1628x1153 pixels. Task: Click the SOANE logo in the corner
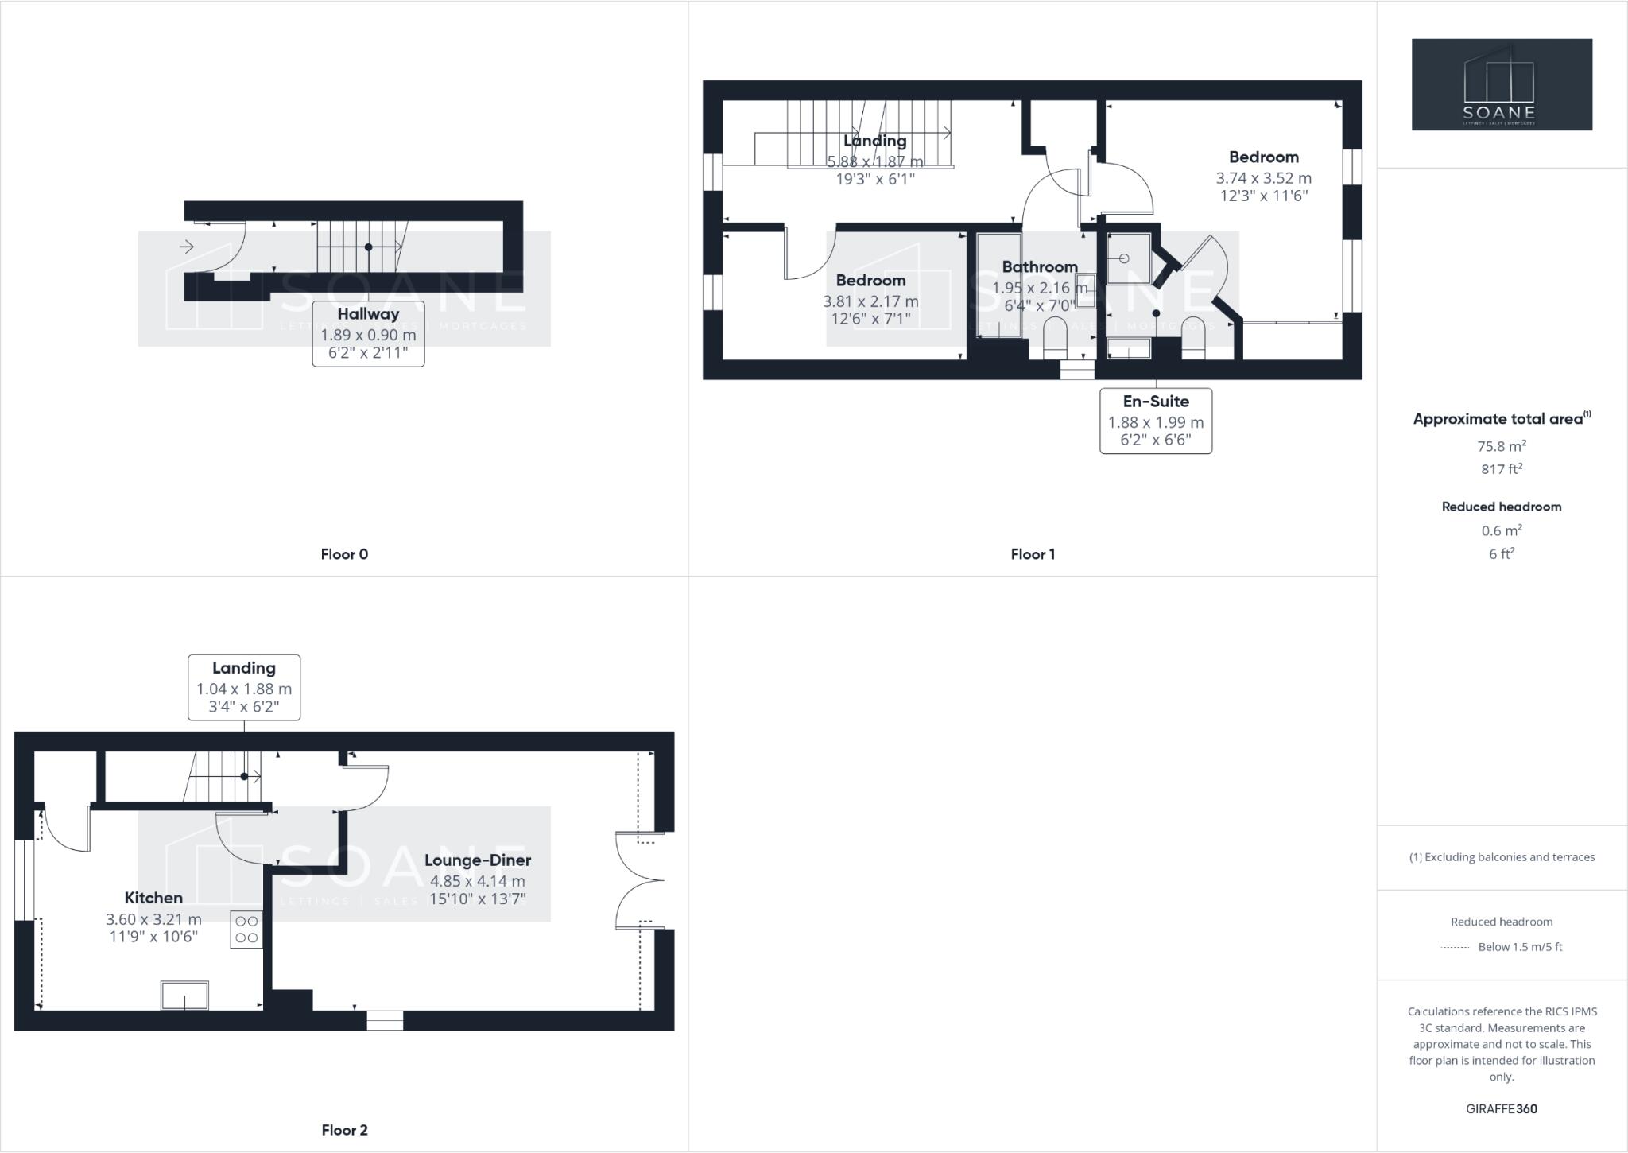click(1502, 84)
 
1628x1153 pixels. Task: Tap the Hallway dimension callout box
click(368, 333)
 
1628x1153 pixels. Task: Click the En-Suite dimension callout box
click(1155, 421)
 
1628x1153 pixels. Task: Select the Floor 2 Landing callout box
click(244, 687)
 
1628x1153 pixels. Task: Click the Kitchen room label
click(153, 898)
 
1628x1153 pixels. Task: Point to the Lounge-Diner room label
click(477, 860)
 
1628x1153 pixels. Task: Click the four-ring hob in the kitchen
click(246, 930)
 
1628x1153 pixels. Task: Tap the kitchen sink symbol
click(184, 996)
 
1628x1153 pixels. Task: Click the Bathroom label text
click(1039, 267)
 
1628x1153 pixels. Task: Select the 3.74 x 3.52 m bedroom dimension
click(1263, 178)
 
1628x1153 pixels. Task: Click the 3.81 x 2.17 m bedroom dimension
click(870, 301)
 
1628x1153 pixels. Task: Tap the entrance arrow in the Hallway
click(187, 247)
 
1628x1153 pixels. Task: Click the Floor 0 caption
click(344, 554)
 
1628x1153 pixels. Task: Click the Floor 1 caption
click(1033, 554)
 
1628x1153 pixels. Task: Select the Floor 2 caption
click(344, 1130)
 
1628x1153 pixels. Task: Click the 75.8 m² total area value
click(1501, 446)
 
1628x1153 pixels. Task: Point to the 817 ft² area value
click(1501, 469)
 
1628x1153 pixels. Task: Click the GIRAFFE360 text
click(1501, 1108)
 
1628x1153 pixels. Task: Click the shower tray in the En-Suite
click(1128, 258)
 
